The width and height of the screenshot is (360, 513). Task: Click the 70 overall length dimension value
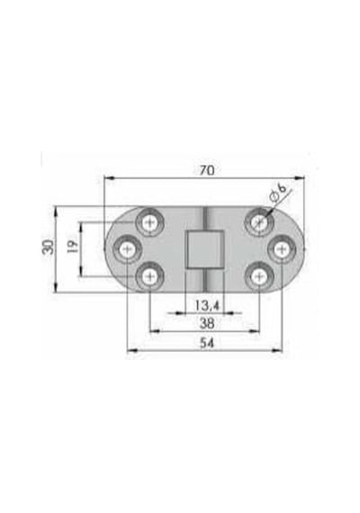pyautogui.click(x=207, y=170)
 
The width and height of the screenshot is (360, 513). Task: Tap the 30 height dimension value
pyautogui.click(x=48, y=247)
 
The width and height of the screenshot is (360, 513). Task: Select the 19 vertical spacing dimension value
pyautogui.click(x=73, y=247)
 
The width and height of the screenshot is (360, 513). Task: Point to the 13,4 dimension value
pyautogui.click(x=207, y=305)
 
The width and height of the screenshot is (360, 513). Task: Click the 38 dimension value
pyautogui.click(x=207, y=324)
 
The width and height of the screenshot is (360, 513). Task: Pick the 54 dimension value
pyautogui.click(x=207, y=343)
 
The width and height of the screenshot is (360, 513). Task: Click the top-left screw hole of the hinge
pyautogui.click(x=150, y=223)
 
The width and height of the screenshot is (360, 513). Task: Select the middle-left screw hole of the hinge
pyautogui.click(x=128, y=250)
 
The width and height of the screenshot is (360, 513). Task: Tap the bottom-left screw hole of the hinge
pyautogui.click(x=150, y=277)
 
